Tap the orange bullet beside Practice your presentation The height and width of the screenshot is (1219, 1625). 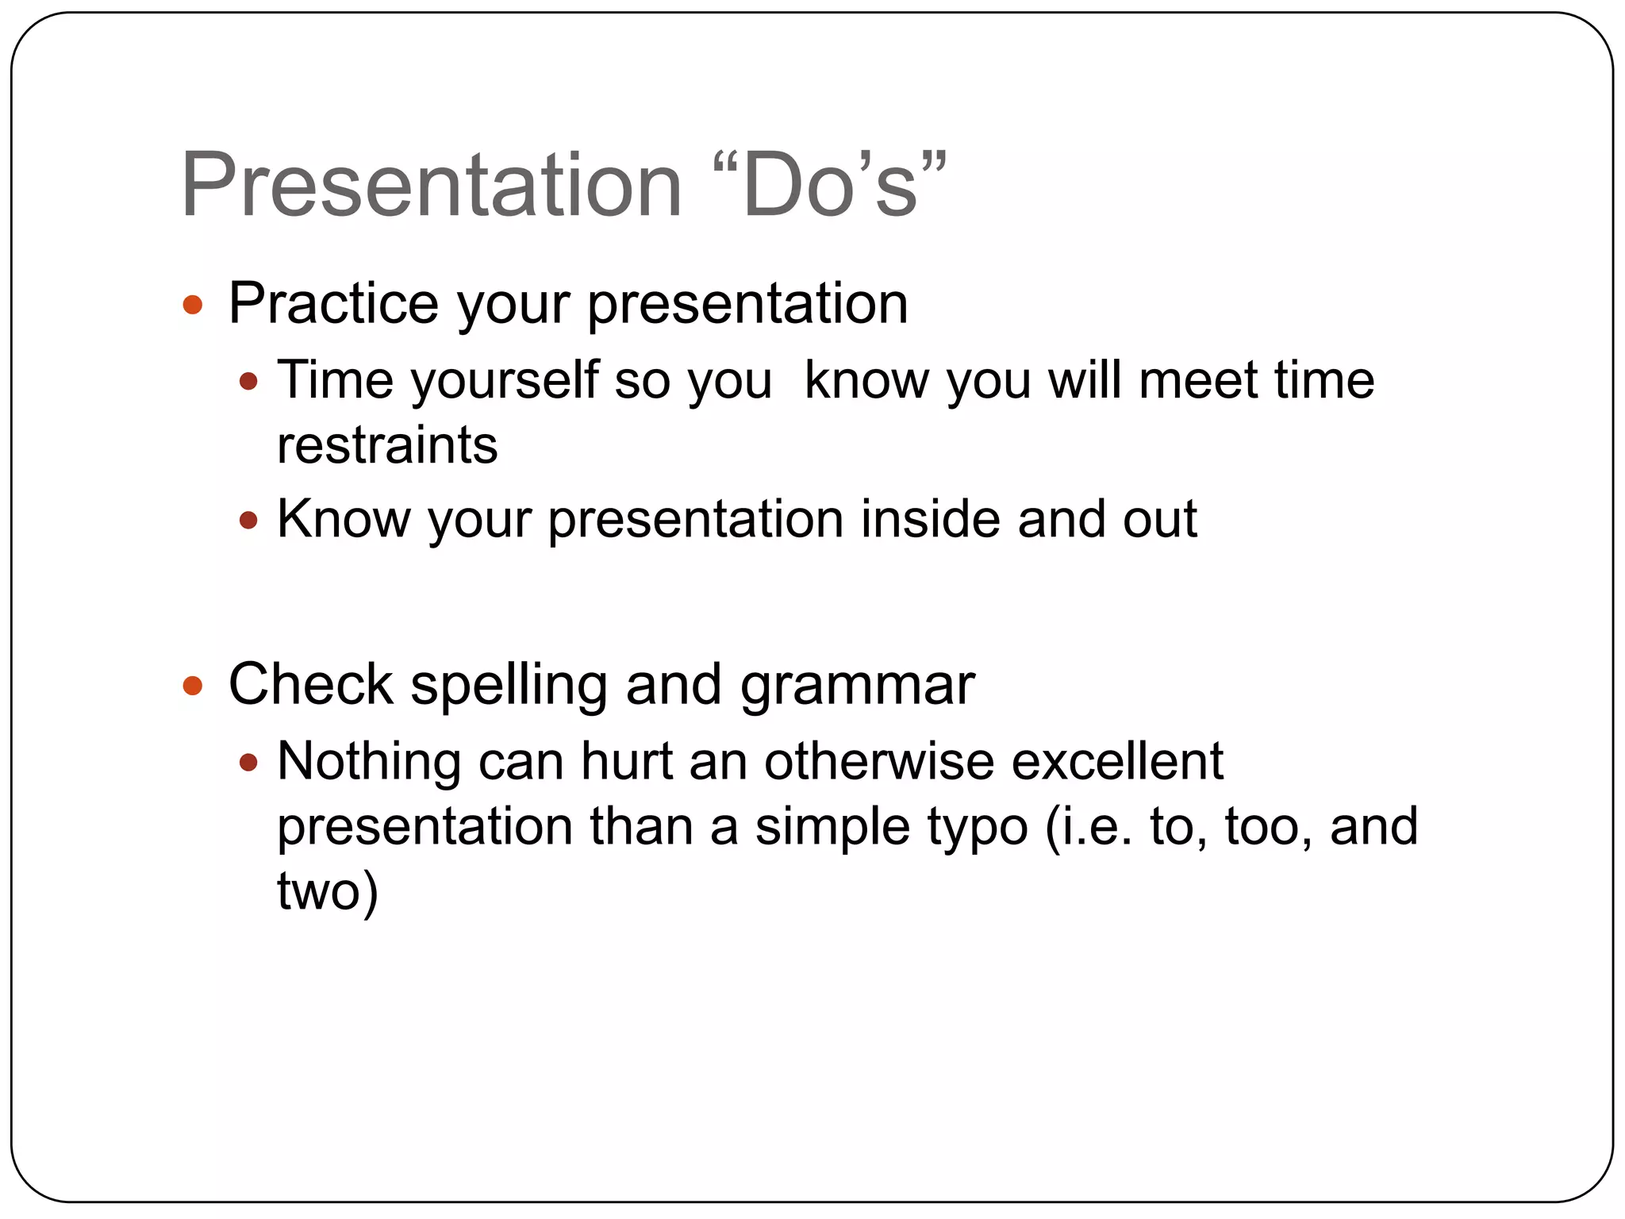pyautogui.click(x=193, y=305)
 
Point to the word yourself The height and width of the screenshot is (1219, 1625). pyautogui.click(x=505, y=381)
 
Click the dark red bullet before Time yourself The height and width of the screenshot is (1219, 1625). pyautogui.click(x=248, y=382)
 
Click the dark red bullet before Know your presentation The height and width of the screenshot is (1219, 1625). pyautogui.click(x=248, y=521)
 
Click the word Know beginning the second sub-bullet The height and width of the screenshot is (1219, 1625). pyautogui.click(x=344, y=519)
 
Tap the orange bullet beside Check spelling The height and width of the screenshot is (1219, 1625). pyautogui.click(x=193, y=686)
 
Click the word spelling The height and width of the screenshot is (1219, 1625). pyautogui.click(x=508, y=686)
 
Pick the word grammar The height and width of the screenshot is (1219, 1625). pyautogui.click(x=857, y=686)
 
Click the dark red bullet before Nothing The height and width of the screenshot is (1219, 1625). pyautogui.click(x=248, y=763)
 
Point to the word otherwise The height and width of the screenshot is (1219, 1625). pyautogui.click(x=878, y=761)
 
